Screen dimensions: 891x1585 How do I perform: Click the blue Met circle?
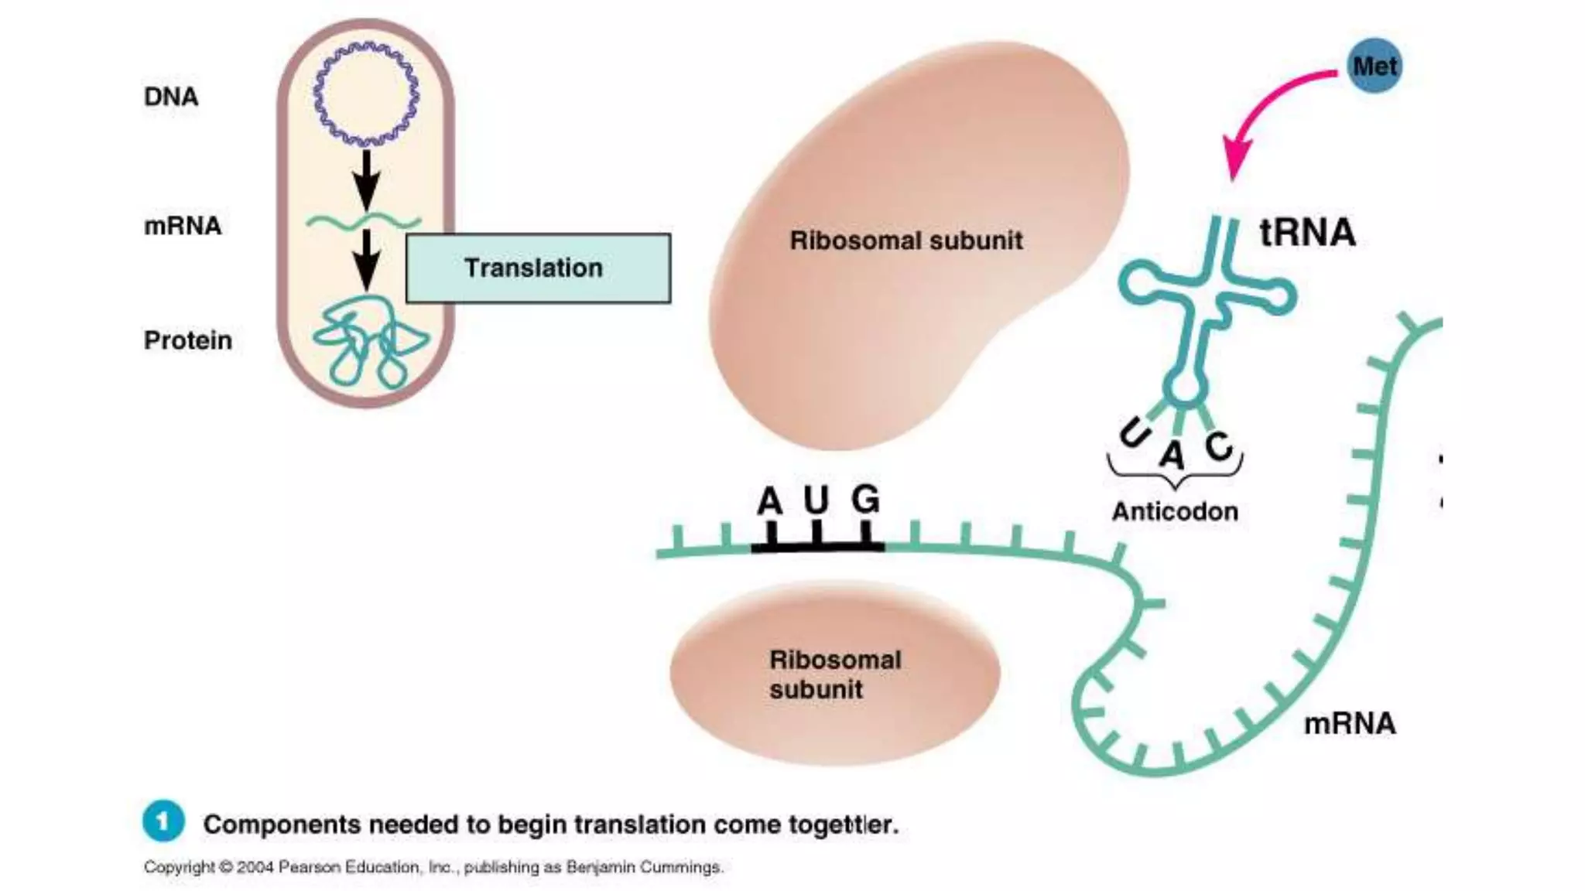pyautogui.click(x=1374, y=67)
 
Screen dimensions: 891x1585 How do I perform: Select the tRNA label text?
pyautogui.click(x=1307, y=232)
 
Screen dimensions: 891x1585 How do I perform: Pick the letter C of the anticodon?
pyautogui.click(x=1218, y=445)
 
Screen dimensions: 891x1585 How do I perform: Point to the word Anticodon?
pyautogui.click(x=1175, y=511)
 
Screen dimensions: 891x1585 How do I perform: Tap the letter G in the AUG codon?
pyautogui.click(x=865, y=499)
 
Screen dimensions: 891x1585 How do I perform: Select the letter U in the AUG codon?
pyautogui.click(x=816, y=500)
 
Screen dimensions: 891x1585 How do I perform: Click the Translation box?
pyautogui.click(x=538, y=268)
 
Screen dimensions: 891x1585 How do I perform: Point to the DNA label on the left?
pyautogui.click(x=171, y=97)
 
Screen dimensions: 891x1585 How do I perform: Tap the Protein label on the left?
pyautogui.click(x=187, y=340)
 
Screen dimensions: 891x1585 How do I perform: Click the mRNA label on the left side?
pyautogui.click(x=183, y=226)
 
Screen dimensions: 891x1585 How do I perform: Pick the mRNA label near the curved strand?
pyautogui.click(x=1350, y=724)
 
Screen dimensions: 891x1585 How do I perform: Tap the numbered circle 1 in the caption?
pyautogui.click(x=163, y=821)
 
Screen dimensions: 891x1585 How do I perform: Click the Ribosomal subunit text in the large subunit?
pyautogui.click(x=905, y=241)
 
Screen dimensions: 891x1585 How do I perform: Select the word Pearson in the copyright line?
pyautogui.click(x=310, y=867)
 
